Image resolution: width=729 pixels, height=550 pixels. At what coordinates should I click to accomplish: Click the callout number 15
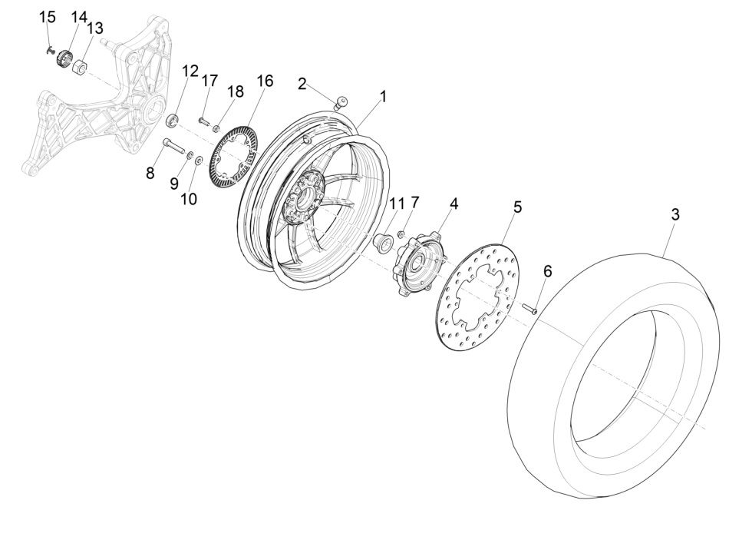pos(48,17)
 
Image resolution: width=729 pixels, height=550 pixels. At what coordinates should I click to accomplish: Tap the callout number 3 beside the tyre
pos(675,215)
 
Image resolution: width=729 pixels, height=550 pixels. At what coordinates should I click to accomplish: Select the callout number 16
pos(264,81)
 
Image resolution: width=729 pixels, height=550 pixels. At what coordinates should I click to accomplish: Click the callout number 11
pos(395,204)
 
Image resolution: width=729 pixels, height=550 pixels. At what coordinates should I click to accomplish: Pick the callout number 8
pos(150,174)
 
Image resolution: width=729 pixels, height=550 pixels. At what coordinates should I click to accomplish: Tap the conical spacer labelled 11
pos(381,243)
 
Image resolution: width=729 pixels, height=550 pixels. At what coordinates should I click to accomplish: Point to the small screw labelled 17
pos(203,121)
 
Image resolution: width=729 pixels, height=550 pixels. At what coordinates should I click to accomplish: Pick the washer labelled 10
pos(199,161)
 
